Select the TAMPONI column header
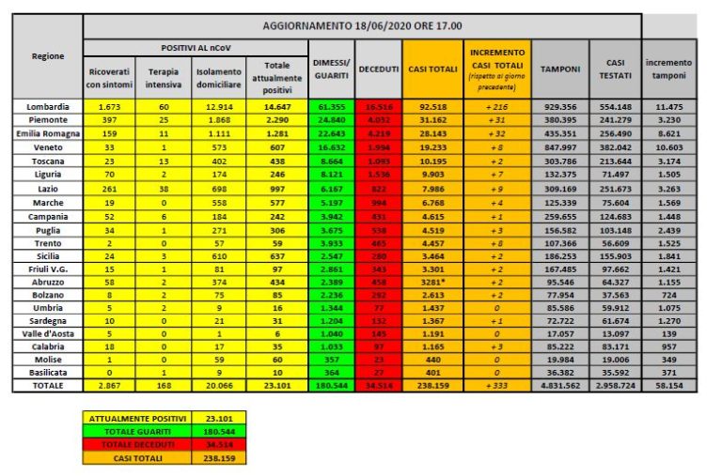point(560,69)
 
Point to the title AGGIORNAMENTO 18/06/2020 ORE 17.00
point(362,25)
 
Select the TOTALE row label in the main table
point(48,385)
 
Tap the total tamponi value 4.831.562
point(560,385)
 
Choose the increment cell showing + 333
point(498,385)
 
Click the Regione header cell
point(48,56)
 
